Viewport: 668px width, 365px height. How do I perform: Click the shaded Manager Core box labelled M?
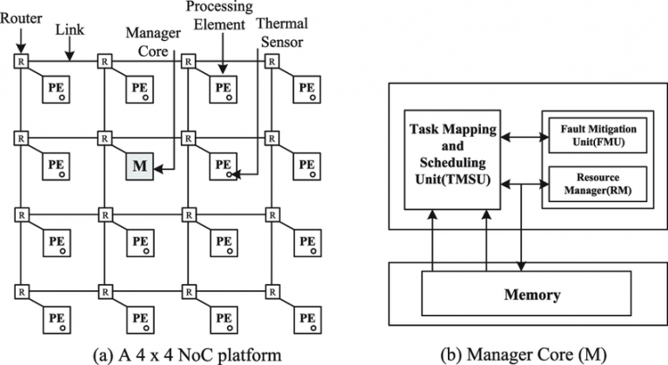point(139,164)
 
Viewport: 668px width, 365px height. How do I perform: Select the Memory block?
point(532,294)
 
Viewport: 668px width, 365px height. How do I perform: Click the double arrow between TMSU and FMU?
point(519,135)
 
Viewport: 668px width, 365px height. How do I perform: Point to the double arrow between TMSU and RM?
point(519,182)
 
